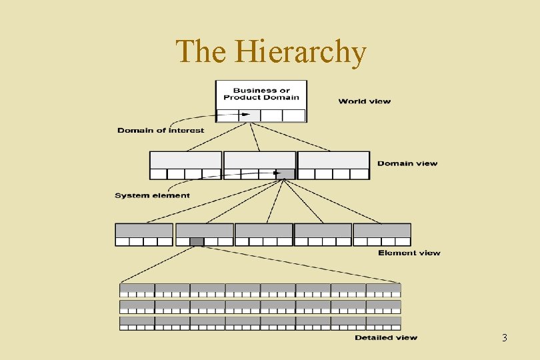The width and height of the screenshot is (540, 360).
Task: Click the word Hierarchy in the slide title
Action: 301,52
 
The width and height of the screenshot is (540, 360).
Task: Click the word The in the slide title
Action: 203,52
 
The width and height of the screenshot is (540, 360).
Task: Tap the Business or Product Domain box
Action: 261,94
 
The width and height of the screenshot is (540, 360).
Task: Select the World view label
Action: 364,101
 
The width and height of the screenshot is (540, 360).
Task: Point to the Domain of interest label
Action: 161,130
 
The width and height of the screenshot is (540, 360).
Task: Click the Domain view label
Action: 407,163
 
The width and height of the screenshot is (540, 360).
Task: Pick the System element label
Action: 152,195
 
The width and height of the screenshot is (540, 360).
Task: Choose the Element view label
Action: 409,253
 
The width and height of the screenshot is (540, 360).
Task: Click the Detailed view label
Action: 385,337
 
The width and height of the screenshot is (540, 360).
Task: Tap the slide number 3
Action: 504,339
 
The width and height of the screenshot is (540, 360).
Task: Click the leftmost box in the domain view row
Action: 185,165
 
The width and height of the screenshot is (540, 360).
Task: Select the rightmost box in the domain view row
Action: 333,165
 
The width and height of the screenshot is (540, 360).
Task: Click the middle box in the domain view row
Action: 259,165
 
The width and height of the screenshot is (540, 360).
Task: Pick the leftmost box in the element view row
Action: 144,235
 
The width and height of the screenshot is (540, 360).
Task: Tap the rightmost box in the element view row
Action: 382,235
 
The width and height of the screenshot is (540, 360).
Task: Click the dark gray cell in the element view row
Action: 197,241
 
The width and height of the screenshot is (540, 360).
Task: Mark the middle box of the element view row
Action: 264,235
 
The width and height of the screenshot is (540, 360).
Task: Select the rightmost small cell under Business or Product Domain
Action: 294,115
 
